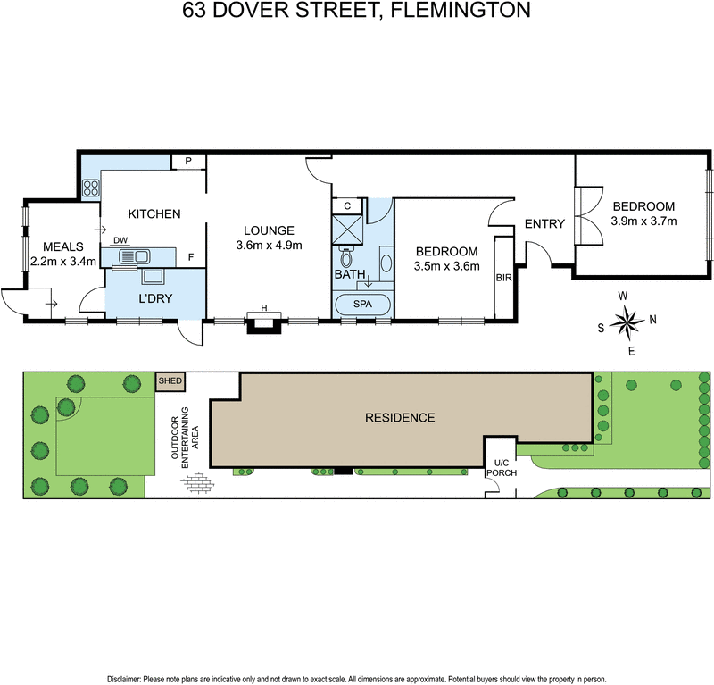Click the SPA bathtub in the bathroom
click(363, 305)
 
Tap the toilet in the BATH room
click(347, 257)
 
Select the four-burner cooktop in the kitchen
click(91, 188)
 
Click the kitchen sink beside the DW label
click(135, 256)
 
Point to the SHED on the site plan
click(170, 381)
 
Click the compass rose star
click(627, 322)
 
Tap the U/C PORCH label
click(502, 468)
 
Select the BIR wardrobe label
click(503, 278)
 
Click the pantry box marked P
click(188, 162)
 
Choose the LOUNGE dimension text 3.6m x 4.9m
click(270, 246)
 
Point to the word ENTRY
click(544, 224)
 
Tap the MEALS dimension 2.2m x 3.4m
click(63, 262)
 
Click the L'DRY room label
click(155, 298)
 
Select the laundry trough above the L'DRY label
click(154, 276)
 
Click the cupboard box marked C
click(347, 206)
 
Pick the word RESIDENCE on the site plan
click(400, 417)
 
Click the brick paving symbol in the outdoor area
click(197, 483)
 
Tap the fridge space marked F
click(191, 257)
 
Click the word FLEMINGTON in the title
click(461, 10)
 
